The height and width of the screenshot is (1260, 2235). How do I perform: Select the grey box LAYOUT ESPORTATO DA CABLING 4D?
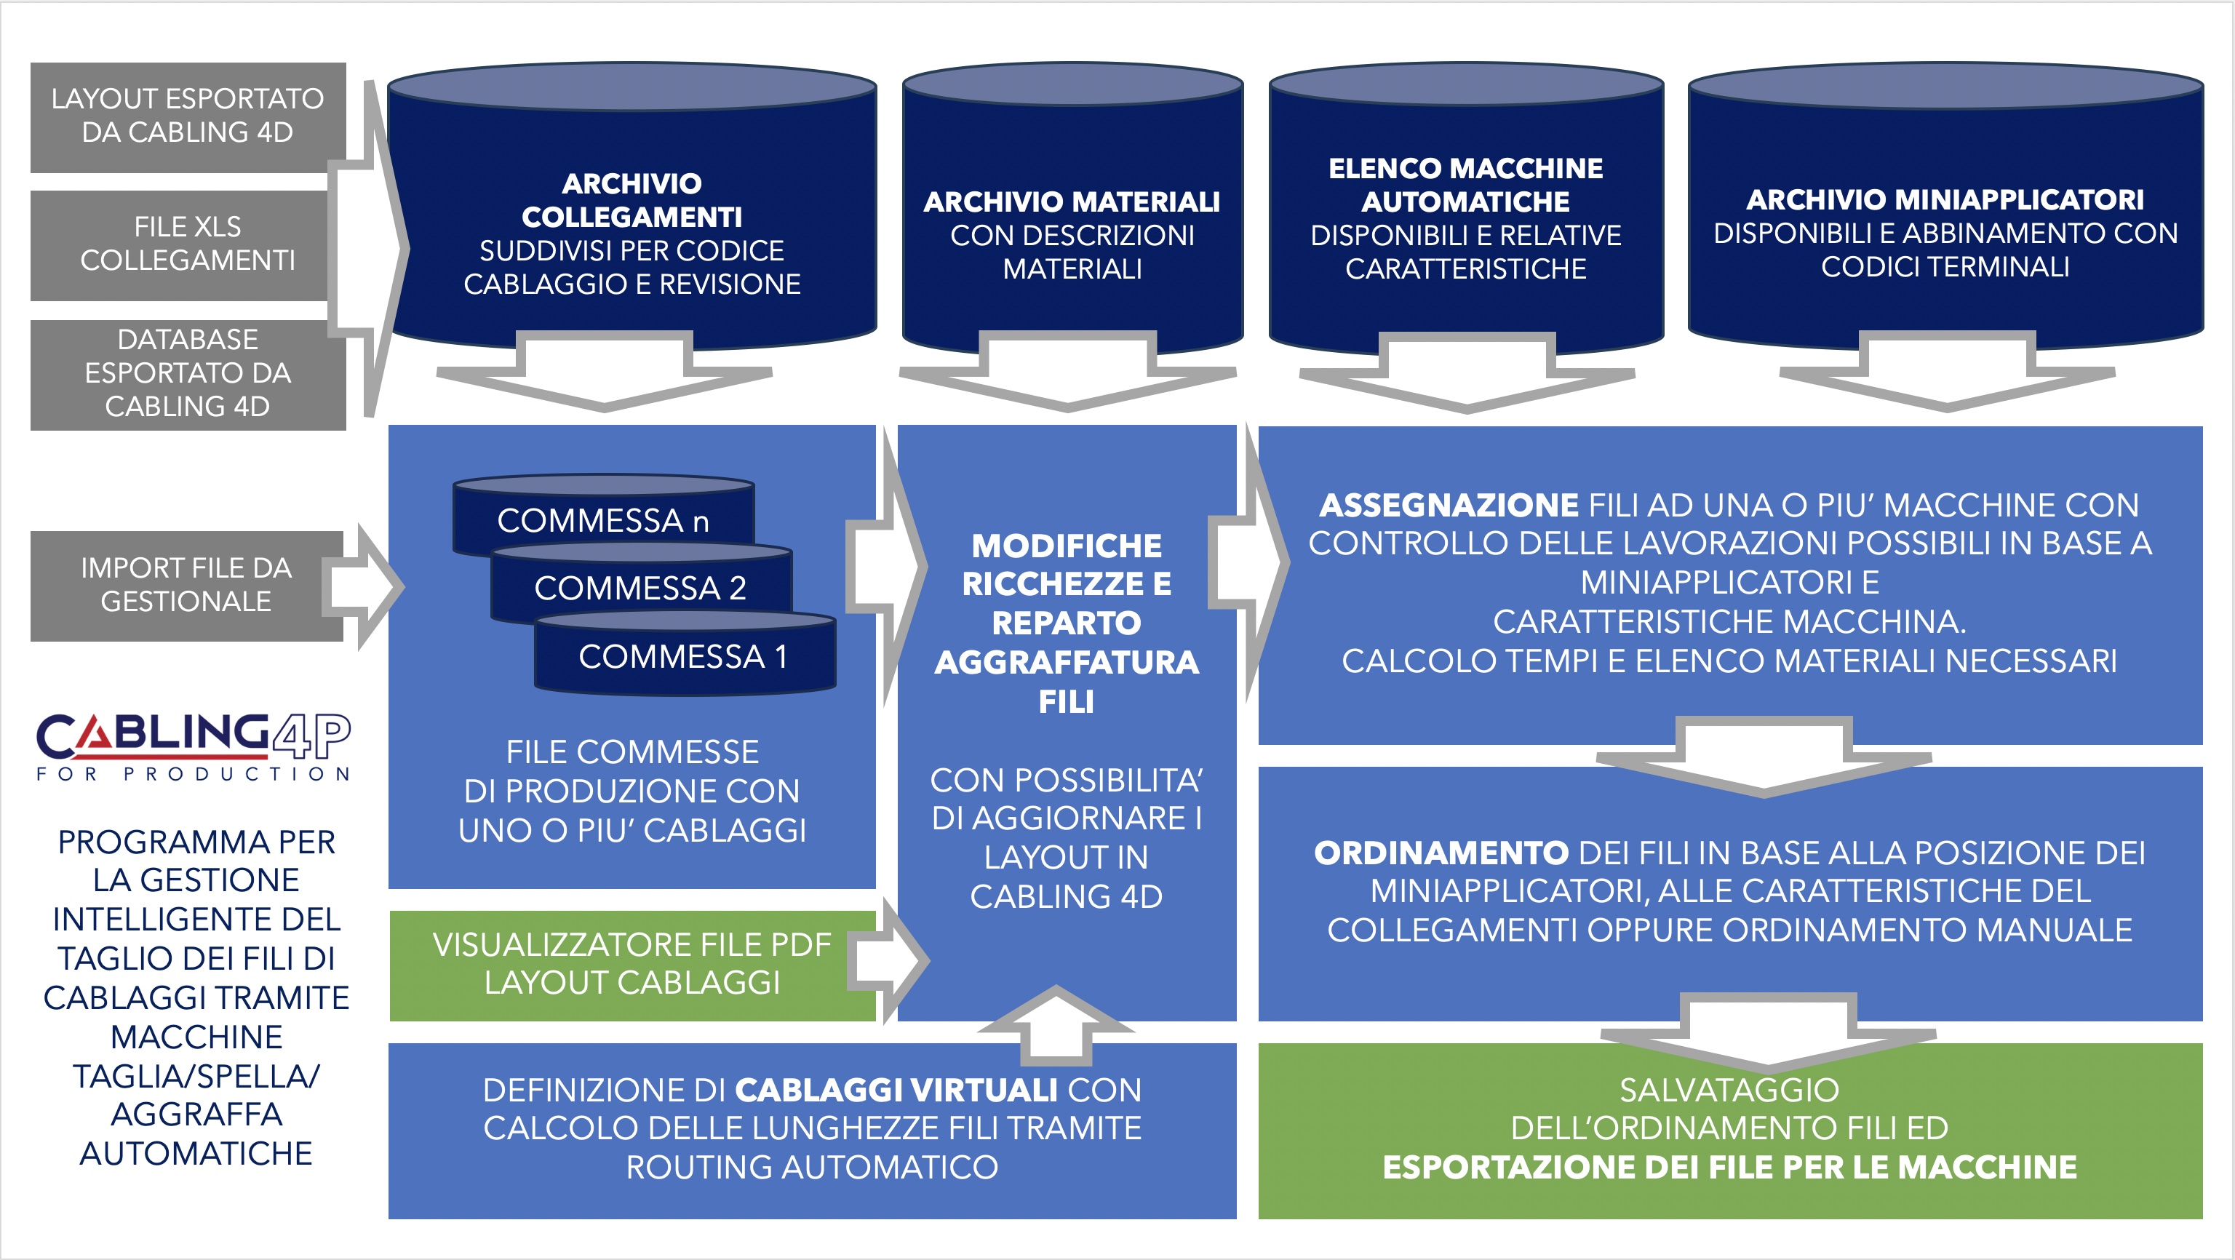[188, 117]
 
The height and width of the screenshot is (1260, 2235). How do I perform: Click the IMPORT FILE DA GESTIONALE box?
[186, 586]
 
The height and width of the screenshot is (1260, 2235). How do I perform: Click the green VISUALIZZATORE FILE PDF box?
[632, 965]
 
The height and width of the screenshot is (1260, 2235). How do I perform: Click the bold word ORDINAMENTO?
[1441, 853]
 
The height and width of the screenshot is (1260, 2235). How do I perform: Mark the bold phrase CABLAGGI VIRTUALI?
[896, 1090]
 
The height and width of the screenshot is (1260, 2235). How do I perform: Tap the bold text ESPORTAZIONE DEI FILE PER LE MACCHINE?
[1730, 1167]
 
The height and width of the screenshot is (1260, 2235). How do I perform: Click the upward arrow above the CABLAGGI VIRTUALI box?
[1056, 1026]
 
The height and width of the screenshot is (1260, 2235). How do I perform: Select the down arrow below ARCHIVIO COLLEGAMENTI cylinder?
[605, 372]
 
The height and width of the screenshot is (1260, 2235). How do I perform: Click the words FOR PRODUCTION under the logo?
[193, 773]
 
